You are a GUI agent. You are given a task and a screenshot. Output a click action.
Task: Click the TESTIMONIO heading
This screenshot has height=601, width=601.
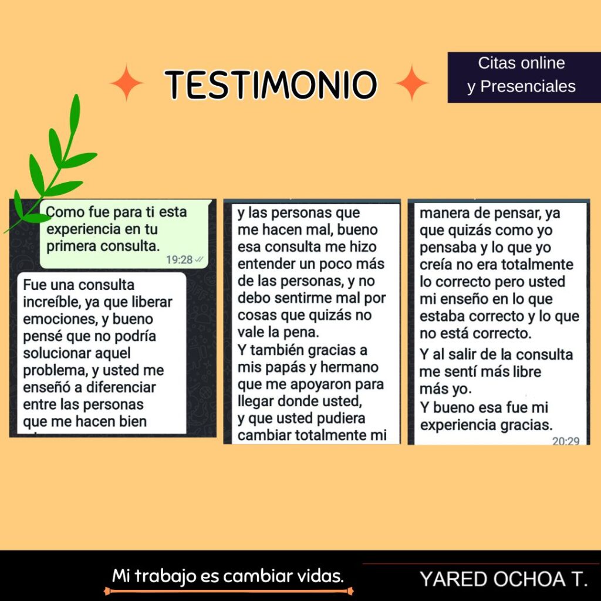(x=271, y=85)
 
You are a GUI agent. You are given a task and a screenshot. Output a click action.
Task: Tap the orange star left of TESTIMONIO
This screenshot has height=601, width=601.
(x=126, y=83)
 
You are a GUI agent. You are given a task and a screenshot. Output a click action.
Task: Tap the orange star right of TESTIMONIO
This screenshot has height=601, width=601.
(x=412, y=83)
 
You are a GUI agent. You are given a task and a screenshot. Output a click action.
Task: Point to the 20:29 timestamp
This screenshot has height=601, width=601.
(x=566, y=441)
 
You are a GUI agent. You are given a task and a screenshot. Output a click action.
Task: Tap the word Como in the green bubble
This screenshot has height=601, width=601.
(x=65, y=212)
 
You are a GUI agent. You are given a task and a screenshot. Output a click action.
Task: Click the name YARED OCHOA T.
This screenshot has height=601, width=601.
(x=503, y=579)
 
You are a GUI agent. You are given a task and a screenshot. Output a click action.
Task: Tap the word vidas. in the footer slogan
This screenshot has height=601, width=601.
(x=321, y=576)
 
